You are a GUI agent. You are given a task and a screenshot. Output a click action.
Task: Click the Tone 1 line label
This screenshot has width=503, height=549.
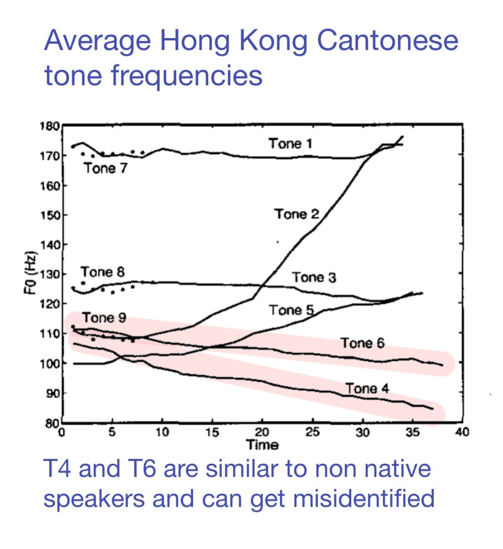[x=291, y=144]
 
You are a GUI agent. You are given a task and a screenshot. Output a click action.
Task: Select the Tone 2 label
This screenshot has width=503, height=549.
[x=297, y=214]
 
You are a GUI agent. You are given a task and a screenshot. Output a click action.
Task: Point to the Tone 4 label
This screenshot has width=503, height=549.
[x=367, y=388]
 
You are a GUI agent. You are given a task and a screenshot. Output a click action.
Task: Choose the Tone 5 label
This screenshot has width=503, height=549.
[x=291, y=310]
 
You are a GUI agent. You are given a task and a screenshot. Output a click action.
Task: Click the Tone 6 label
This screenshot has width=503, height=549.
[x=363, y=343]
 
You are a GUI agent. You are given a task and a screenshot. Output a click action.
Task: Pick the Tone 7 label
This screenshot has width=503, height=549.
[x=107, y=169]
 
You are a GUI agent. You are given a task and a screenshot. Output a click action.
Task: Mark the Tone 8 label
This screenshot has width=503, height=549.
[x=103, y=272]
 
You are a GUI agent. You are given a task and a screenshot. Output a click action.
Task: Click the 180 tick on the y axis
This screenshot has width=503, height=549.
[x=49, y=127]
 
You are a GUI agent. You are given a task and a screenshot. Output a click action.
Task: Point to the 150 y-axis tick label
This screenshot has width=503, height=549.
[x=49, y=215]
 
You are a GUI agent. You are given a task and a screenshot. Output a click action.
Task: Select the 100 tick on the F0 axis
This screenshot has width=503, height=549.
[x=49, y=364]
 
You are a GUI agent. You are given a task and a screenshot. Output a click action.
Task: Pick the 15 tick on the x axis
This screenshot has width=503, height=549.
[x=213, y=433]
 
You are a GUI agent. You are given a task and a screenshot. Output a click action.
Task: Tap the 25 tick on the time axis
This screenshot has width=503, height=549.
[x=313, y=433]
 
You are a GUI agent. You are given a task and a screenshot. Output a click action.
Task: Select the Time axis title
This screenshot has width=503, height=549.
[x=262, y=444]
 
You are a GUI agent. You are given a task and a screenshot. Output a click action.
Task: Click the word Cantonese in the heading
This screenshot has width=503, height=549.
[x=382, y=41]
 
